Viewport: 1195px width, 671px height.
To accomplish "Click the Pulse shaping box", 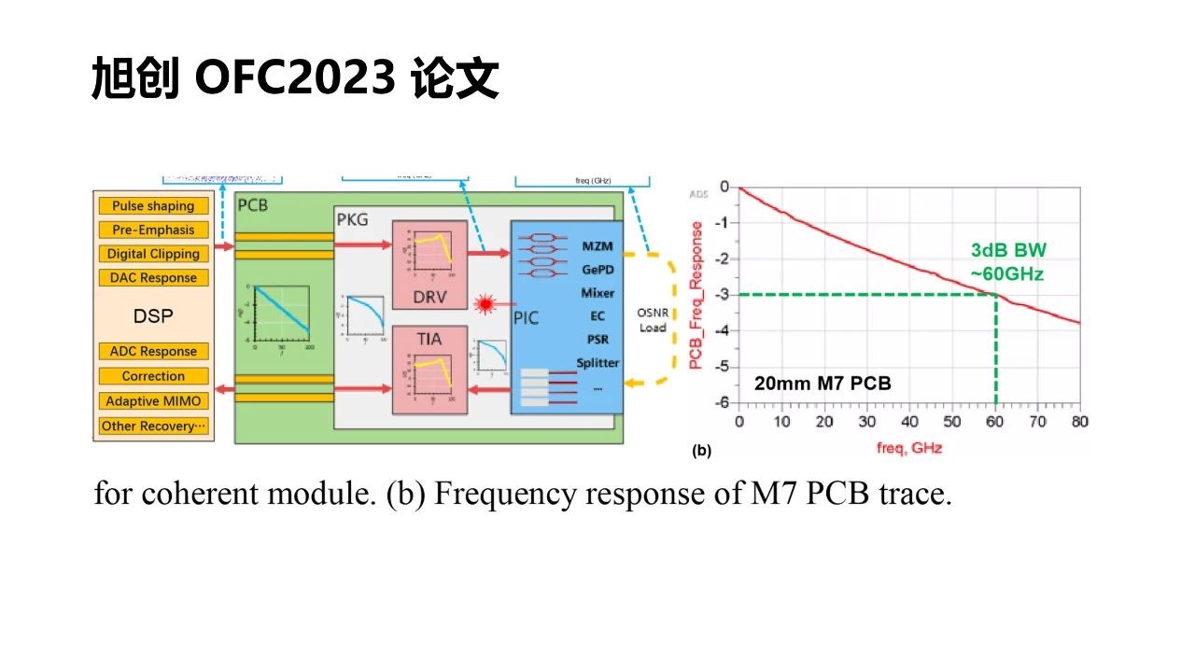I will pos(153,206).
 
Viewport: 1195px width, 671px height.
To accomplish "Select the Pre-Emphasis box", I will pos(153,230).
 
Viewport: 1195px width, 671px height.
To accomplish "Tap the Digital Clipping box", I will pos(153,254).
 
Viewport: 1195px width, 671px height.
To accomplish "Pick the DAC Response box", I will pos(153,277).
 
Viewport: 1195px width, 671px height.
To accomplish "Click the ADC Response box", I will pos(153,352).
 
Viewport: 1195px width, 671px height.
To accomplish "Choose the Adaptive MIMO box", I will pos(153,401).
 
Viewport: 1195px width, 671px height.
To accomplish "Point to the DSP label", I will pos(153,316).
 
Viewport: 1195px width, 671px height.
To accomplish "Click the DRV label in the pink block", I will pos(429,297).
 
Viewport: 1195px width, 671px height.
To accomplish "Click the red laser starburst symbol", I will pos(485,304).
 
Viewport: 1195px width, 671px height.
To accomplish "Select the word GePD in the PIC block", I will pos(597,269).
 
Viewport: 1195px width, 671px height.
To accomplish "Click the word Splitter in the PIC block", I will pos(597,363).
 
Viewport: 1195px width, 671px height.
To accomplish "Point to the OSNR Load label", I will pos(652,319).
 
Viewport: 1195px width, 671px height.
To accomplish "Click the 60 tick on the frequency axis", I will pos(996,422).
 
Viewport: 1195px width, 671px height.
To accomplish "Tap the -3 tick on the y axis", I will pos(723,295).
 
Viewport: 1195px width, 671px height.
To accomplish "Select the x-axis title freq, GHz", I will pos(908,448).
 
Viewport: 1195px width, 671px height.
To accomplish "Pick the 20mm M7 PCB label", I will pos(822,383).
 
